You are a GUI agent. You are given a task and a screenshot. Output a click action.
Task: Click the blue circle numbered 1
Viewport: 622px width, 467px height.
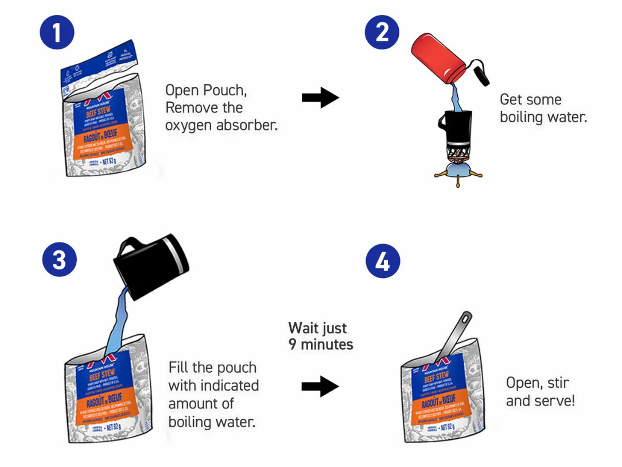pos(57,32)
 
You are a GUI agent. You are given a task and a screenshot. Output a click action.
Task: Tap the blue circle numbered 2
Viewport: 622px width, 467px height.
pos(382,32)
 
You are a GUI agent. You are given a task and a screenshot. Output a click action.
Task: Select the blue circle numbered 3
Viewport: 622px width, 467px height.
pos(60,260)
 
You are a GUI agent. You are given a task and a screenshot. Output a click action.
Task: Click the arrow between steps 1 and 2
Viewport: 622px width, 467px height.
pos(320,98)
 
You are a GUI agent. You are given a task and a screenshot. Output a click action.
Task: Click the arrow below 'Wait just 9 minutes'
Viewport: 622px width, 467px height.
pos(320,386)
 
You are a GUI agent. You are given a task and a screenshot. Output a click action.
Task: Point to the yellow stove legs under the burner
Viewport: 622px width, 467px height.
pos(457,177)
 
